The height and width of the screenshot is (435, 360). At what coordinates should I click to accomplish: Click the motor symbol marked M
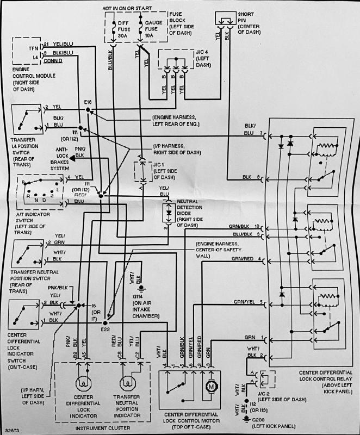click(x=210, y=386)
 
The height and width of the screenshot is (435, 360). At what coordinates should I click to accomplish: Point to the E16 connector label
click(x=89, y=103)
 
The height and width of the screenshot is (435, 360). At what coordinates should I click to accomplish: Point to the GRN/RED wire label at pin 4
click(x=243, y=259)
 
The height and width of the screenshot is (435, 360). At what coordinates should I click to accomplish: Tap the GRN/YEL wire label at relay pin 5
click(x=243, y=302)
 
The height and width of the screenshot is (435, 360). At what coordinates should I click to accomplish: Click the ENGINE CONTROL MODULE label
click(x=33, y=78)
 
